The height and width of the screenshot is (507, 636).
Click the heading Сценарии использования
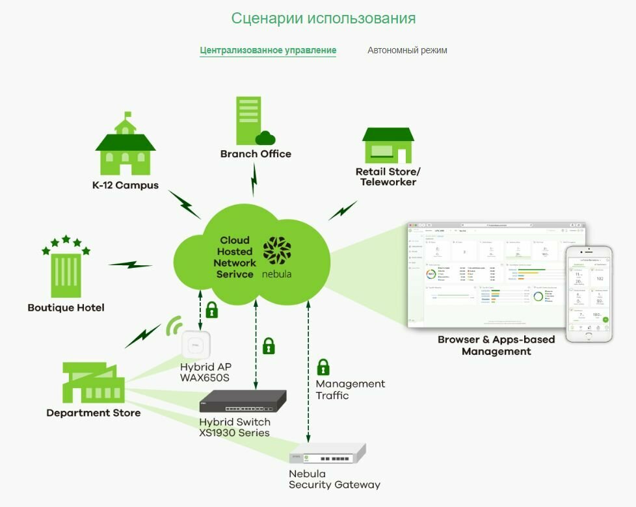323,18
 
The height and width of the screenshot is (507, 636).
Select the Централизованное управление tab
268,50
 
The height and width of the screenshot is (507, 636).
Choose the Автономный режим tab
407,50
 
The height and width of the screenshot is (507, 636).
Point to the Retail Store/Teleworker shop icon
388,145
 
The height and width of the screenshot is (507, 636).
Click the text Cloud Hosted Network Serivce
235,257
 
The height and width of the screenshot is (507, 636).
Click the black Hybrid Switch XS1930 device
244,402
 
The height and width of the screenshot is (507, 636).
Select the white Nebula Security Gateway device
328,453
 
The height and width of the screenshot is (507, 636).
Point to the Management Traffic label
350,389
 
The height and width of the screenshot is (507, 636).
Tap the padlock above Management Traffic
323,367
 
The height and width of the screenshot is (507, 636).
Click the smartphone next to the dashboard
589,294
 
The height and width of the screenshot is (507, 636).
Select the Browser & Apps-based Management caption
496,345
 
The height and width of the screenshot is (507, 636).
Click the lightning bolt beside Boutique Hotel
130,264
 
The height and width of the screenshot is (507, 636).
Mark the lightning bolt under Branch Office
255,179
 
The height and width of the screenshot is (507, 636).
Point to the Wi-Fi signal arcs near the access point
174,325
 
